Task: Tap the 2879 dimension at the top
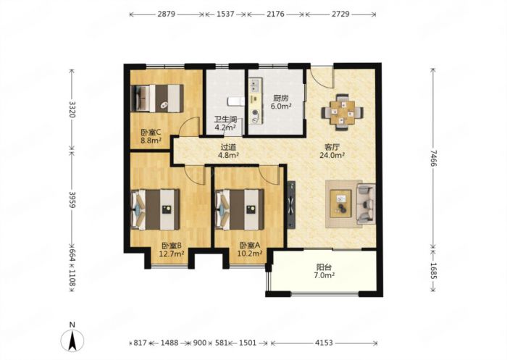(x=167, y=14)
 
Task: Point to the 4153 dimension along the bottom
(x=324, y=343)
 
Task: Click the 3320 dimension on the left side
(x=72, y=109)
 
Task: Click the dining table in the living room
(x=342, y=112)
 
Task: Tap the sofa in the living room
(x=366, y=204)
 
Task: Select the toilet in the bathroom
(x=235, y=101)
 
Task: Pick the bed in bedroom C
(x=157, y=99)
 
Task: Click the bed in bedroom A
(x=240, y=209)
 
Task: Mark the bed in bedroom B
(x=156, y=209)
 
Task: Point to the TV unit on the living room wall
(x=291, y=204)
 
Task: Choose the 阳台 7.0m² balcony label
(x=324, y=272)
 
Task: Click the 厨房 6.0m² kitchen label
(x=281, y=102)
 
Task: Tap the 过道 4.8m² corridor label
(x=229, y=151)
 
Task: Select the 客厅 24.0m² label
(x=332, y=151)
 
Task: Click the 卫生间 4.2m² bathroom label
(x=226, y=123)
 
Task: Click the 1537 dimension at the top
(x=225, y=14)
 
